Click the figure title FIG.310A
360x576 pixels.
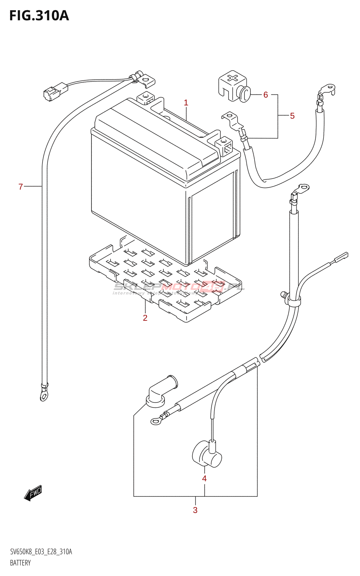point(39,16)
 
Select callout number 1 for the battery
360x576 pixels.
point(186,103)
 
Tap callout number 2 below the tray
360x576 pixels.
point(145,318)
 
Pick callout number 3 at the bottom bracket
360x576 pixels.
point(195,510)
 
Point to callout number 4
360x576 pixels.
point(204,478)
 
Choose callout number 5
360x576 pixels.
point(292,116)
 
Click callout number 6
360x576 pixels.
point(266,95)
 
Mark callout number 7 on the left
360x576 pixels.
point(21,186)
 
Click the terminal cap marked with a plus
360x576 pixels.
point(233,86)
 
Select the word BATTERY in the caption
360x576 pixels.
point(20,563)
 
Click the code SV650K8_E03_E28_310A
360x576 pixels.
point(41,552)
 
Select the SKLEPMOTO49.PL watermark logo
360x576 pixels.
point(179,287)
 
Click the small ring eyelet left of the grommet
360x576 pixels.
point(156,421)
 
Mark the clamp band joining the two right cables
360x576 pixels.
point(294,301)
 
